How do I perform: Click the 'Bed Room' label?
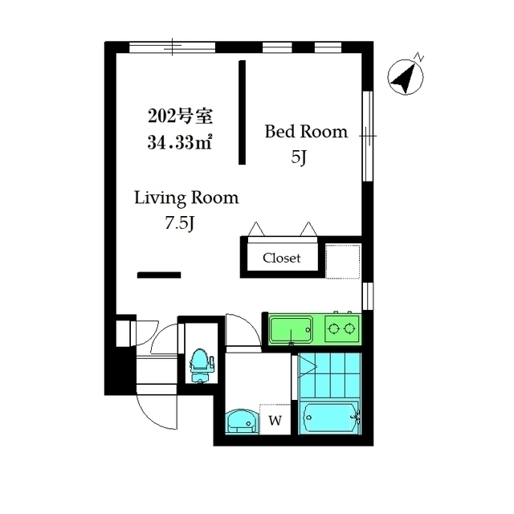click(x=306, y=132)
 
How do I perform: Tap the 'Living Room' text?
click(x=186, y=198)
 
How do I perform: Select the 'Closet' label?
click(x=282, y=258)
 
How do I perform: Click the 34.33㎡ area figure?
click(x=180, y=143)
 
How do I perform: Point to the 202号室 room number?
click(x=180, y=116)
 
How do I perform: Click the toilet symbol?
click(x=201, y=365)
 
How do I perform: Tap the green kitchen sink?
click(x=291, y=329)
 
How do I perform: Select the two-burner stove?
click(x=342, y=328)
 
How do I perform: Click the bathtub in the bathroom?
click(x=330, y=418)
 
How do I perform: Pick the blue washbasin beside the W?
click(x=242, y=422)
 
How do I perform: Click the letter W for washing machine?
click(x=275, y=420)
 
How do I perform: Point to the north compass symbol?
click(x=406, y=76)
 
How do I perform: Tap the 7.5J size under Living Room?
click(x=180, y=223)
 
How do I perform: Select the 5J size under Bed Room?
click(x=299, y=158)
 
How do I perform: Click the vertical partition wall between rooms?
click(x=242, y=112)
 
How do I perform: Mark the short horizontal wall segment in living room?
click(x=159, y=275)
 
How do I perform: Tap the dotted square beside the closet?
click(x=343, y=261)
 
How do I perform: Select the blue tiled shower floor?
click(x=329, y=377)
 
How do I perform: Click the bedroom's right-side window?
click(x=368, y=136)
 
